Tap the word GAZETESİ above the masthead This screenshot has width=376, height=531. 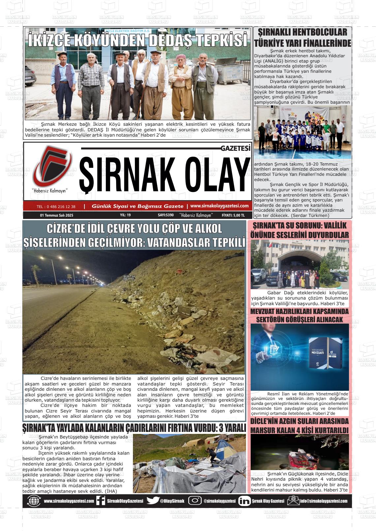point(235,148)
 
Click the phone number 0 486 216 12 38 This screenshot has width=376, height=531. point(56,207)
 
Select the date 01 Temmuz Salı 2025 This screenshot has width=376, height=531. point(56,215)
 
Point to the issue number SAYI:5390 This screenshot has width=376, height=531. point(166,215)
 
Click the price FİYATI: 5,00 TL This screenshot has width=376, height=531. point(233,215)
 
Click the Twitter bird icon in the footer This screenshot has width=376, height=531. point(153,501)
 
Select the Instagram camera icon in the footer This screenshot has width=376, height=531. point(195,501)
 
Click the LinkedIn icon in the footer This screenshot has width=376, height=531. point(244,501)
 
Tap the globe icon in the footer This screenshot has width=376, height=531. point(34,501)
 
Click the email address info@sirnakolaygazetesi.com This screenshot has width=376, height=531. point(324,501)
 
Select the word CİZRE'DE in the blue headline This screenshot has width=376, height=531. point(68,229)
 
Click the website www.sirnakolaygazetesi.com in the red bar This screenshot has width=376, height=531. point(219,206)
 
